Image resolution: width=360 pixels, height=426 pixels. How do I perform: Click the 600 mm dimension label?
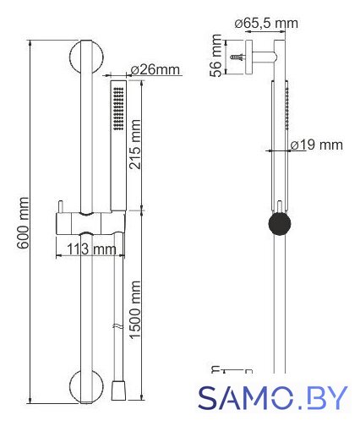point(23,222)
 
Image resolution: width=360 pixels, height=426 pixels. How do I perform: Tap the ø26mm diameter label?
point(155,69)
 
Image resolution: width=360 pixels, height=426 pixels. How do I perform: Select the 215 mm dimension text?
point(135,145)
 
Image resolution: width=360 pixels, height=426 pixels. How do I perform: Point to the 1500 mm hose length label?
point(134,309)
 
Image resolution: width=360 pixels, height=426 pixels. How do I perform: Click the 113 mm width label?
point(91,249)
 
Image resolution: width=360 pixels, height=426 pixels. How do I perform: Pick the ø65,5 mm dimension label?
point(266,23)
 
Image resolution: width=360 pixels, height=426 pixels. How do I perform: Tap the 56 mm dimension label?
point(216,56)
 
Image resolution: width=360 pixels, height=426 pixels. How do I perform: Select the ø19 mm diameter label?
point(317,145)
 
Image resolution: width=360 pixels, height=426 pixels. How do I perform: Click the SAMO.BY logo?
point(273,398)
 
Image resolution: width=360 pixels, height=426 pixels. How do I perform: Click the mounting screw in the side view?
point(237,57)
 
